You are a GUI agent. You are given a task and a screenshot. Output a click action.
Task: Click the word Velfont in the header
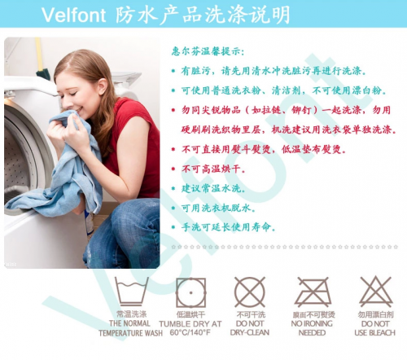(x=73, y=15)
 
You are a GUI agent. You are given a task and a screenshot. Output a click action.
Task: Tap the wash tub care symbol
(x=132, y=292)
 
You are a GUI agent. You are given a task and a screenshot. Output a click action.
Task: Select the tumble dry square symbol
(x=190, y=292)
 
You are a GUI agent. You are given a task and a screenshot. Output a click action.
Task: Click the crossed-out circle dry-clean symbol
(x=250, y=292)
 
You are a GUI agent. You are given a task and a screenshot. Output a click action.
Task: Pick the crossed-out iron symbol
(x=313, y=292)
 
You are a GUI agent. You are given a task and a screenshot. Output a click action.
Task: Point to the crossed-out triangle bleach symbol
(x=376, y=292)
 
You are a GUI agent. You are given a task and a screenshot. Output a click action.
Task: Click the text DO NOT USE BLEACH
(x=375, y=328)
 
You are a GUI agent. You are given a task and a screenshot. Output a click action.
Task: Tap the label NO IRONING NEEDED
(x=312, y=328)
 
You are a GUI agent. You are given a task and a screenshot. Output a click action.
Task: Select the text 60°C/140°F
(x=190, y=332)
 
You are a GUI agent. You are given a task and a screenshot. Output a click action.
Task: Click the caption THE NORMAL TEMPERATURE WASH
(x=130, y=328)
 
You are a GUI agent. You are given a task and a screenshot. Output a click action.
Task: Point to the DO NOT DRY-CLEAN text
(x=250, y=328)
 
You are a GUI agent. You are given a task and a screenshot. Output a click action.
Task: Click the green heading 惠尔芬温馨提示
(x=208, y=51)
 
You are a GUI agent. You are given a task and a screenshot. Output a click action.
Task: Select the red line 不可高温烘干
(x=213, y=169)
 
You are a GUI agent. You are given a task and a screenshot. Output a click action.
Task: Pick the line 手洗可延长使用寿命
(x=228, y=227)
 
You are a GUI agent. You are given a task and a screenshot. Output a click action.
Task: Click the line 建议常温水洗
(x=213, y=188)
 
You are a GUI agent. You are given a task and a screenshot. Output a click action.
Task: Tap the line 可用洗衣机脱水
(x=218, y=208)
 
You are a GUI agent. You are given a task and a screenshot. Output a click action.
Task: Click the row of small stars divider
(x=285, y=247)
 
